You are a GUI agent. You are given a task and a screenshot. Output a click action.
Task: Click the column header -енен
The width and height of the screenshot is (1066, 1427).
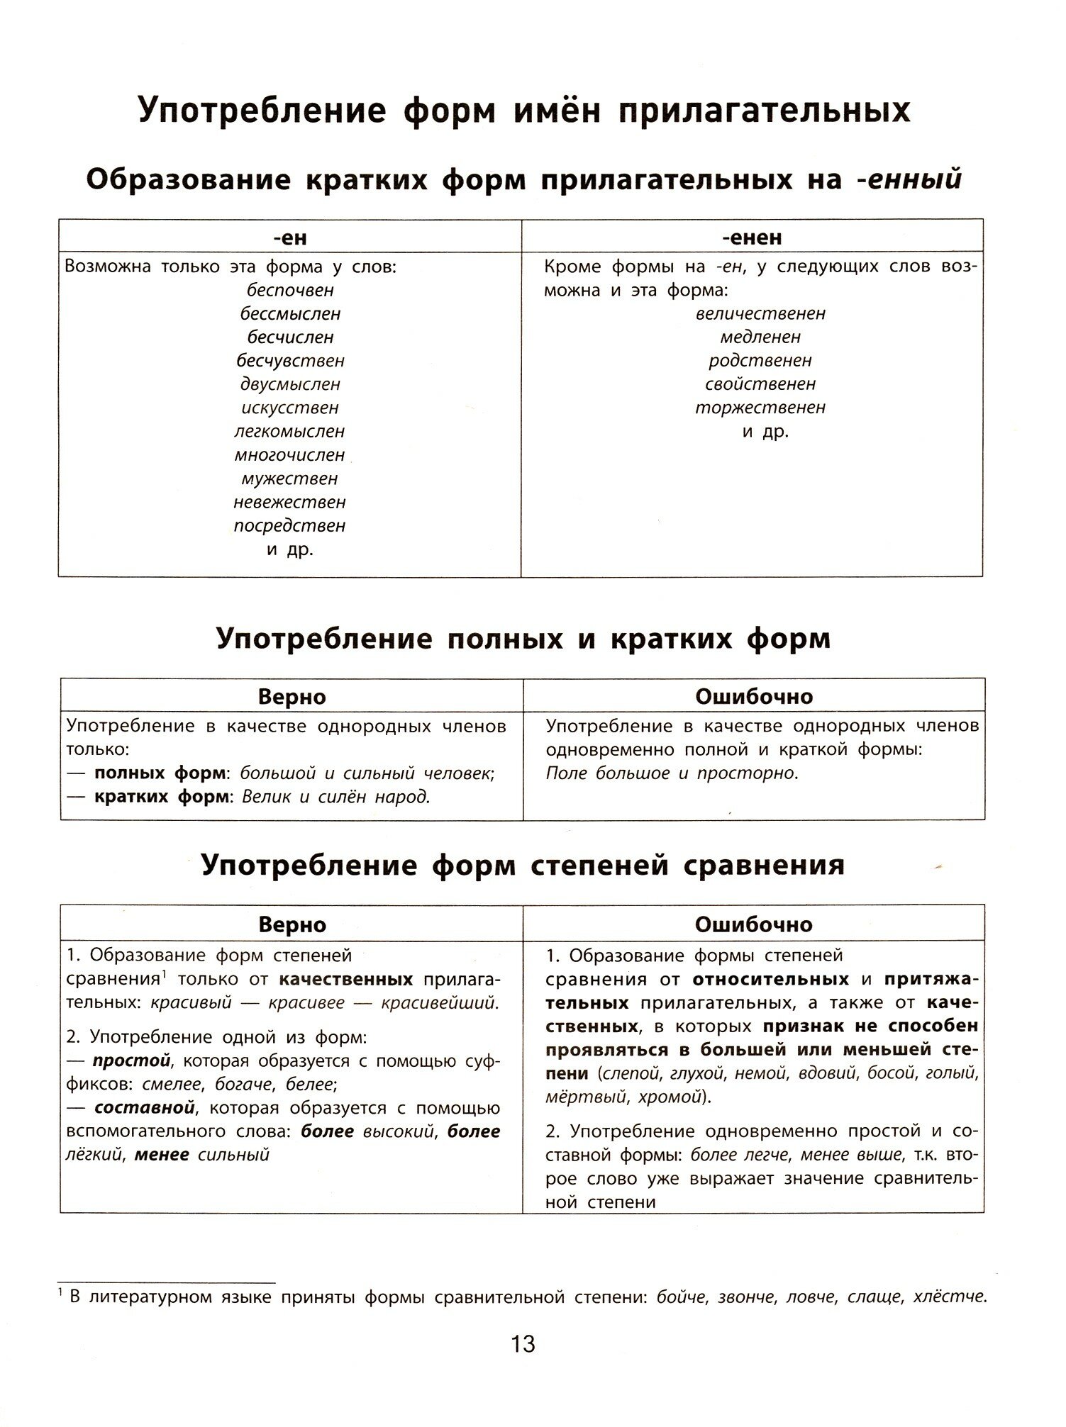click(x=752, y=237)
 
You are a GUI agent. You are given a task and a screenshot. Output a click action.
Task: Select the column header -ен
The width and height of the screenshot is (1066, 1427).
click(x=289, y=237)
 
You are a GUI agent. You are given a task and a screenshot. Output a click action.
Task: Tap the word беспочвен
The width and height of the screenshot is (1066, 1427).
click(x=290, y=290)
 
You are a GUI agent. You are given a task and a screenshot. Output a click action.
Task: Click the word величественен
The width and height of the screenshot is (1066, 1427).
click(x=760, y=313)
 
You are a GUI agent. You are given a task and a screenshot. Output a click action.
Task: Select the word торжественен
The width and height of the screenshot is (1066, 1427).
click(x=760, y=408)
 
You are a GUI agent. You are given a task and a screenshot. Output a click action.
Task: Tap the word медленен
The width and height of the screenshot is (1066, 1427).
click(x=760, y=337)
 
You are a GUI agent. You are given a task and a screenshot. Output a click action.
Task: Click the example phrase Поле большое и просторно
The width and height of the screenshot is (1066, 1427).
click(x=672, y=773)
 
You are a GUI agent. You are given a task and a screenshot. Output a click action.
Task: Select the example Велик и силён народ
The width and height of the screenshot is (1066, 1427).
click(x=336, y=797)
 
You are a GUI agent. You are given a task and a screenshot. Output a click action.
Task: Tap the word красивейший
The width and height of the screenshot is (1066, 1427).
click(x=440, y=1003)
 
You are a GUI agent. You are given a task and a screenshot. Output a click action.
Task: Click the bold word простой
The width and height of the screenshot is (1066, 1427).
click(x=132, y=1061)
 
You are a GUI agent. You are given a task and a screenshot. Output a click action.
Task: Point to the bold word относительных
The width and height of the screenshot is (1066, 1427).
click(x=770, y=980)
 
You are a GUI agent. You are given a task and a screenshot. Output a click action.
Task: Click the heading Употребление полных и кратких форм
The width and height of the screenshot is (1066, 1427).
click(x=523, y=639)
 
